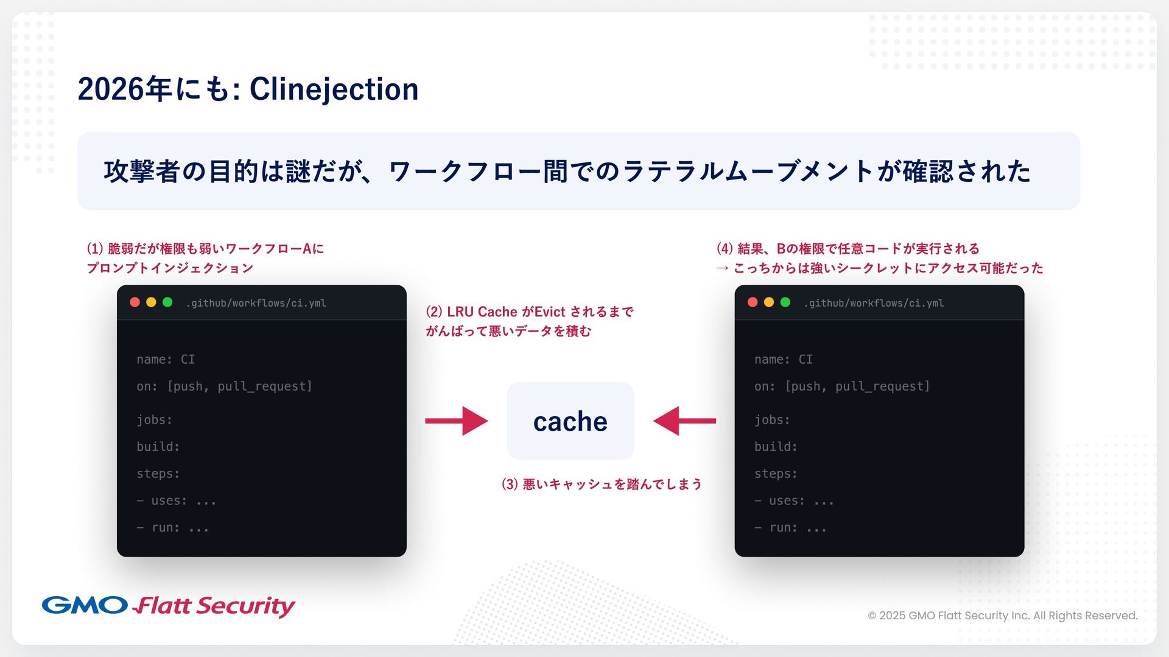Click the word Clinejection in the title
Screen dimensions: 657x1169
[334, 89]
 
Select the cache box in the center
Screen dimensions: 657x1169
[570, 421]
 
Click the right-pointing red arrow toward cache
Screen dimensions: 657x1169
[457, 421]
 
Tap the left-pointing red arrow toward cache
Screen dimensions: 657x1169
[684, 421]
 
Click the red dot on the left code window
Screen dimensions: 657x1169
[135, 302]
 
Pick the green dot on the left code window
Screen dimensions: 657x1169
[167, 302]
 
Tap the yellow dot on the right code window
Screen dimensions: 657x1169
[769, 302]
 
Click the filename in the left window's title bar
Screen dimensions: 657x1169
[256, 303]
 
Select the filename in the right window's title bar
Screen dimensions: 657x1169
[874, 303]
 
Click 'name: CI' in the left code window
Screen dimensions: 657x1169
[166, 360]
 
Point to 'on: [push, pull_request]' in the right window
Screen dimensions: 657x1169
[842, 386]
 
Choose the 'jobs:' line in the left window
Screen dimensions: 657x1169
[155, 420]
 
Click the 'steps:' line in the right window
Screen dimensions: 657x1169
[776, 473]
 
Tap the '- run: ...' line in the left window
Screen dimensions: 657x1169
[173, 527]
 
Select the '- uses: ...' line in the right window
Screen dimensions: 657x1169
[794, 501]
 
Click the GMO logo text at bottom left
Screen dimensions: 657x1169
[85, 605]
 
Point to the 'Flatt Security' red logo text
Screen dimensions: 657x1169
[214, 606]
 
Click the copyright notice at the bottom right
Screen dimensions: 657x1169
[1002, 616]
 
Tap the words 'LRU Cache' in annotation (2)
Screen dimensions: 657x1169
[482, 312]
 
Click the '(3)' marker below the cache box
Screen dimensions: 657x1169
[510, 484]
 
